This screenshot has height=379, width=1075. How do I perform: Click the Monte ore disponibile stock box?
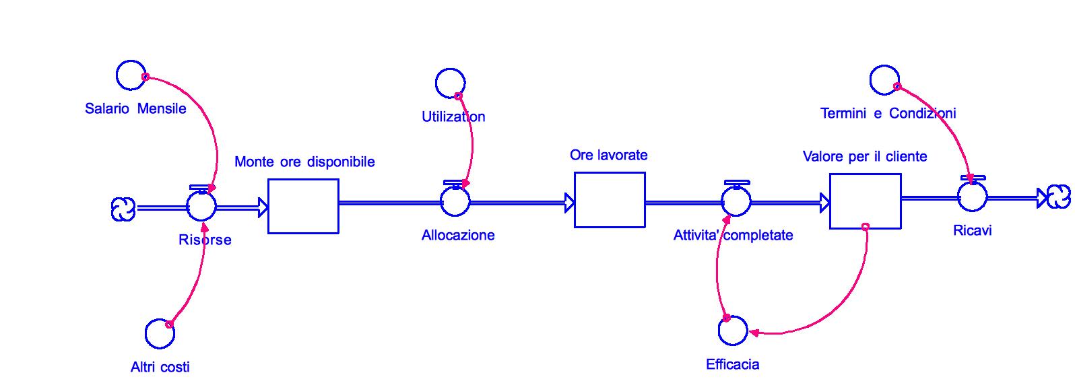303,206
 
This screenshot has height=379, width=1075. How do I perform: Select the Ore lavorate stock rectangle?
610,200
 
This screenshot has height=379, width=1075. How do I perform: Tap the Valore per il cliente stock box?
865,201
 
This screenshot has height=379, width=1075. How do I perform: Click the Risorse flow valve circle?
201,205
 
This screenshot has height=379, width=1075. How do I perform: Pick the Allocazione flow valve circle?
455,201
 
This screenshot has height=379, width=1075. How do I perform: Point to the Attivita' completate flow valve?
736,201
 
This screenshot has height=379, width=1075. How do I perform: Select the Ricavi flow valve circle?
972,197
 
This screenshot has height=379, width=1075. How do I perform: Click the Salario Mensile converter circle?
131,75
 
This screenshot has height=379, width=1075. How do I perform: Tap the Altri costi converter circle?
160,333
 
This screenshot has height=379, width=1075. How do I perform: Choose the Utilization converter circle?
450,83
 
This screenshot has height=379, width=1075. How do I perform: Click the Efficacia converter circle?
733,330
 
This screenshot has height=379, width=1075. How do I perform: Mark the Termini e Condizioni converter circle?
884,80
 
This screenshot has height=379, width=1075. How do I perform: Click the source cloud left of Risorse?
123,209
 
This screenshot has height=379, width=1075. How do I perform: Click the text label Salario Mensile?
135,108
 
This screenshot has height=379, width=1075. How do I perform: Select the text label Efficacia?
732,364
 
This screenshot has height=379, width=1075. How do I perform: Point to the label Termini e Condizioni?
888,113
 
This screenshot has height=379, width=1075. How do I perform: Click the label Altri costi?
160,367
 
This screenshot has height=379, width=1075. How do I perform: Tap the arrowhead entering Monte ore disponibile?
262,208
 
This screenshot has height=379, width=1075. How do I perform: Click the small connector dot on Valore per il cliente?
866,227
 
